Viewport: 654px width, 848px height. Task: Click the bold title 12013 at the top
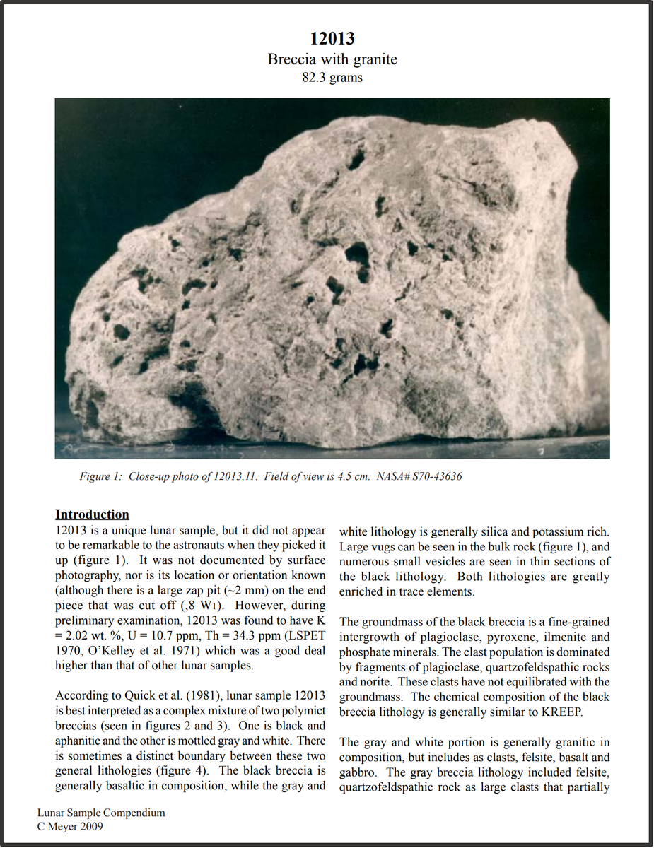(332, 39)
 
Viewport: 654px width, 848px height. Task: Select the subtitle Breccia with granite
(332, 59)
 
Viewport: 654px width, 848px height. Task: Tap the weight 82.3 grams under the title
(332, 77)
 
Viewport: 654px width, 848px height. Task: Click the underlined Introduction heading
(92, 514)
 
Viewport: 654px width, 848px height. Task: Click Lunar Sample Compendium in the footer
(101, 813)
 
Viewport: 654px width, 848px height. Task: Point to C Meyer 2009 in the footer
(70, 825)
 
